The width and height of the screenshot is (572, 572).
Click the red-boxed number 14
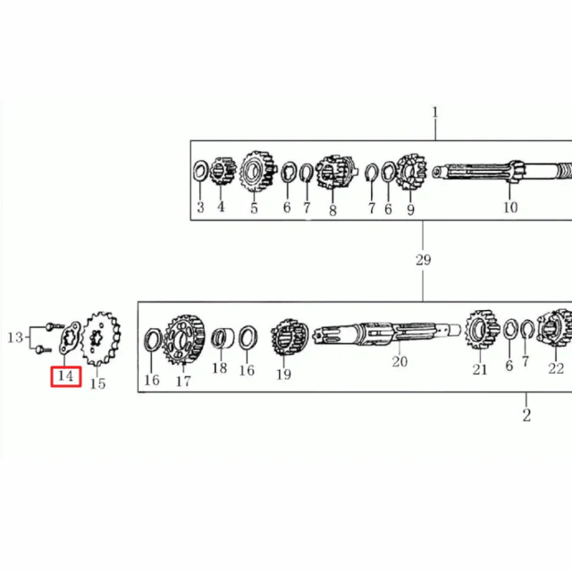pos(65,376)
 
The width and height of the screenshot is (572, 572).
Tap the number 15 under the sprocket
pos(97,383)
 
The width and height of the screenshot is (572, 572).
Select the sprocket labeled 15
pos(101,339)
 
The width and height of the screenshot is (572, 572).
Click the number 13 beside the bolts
pos(15,338)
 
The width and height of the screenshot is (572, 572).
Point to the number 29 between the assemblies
pos(423,260)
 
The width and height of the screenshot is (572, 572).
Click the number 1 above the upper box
pos(435,113)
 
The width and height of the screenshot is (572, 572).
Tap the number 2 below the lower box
pos(526,415)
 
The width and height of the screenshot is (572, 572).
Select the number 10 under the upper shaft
pos(510,207)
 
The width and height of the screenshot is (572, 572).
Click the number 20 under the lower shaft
pos(400,361)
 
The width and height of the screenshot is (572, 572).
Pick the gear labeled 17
pos(183,340)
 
